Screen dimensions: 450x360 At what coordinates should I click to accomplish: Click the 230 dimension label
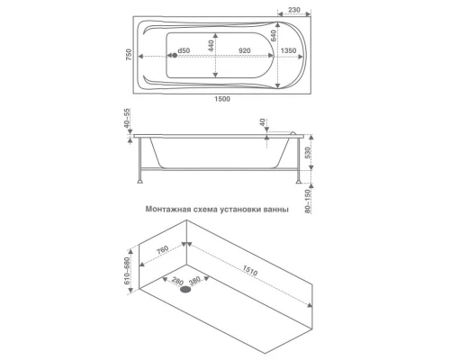click(294, 10)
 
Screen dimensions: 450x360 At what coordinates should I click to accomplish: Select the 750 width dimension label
click(129, 55)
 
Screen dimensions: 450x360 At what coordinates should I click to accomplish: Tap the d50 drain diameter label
click(184, 50)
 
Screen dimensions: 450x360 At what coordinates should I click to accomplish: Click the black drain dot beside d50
click(175, 55)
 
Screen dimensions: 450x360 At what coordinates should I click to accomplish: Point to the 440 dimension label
click(211, 46)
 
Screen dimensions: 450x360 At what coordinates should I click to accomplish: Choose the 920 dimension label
click(245, 50)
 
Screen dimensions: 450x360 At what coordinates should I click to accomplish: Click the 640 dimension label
click(273, 36)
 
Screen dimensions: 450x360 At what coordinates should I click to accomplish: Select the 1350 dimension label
click(288, 50)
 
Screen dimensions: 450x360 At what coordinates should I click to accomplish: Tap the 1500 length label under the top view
click(222, 99)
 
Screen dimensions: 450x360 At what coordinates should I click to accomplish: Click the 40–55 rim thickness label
click(128, 118)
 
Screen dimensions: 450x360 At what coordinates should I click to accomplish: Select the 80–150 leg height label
click(308, 201)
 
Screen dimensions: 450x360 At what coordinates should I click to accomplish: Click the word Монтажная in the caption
click(168, 209)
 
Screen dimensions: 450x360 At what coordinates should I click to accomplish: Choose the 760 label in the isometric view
click(162, 249)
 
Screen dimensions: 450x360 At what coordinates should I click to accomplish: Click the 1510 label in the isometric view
click(250, 271)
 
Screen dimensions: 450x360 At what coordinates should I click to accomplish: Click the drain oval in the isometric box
click(185, 290)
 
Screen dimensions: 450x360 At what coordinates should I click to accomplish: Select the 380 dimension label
click(194, 281)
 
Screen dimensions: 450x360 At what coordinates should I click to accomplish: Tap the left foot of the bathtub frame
click(139, 181)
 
